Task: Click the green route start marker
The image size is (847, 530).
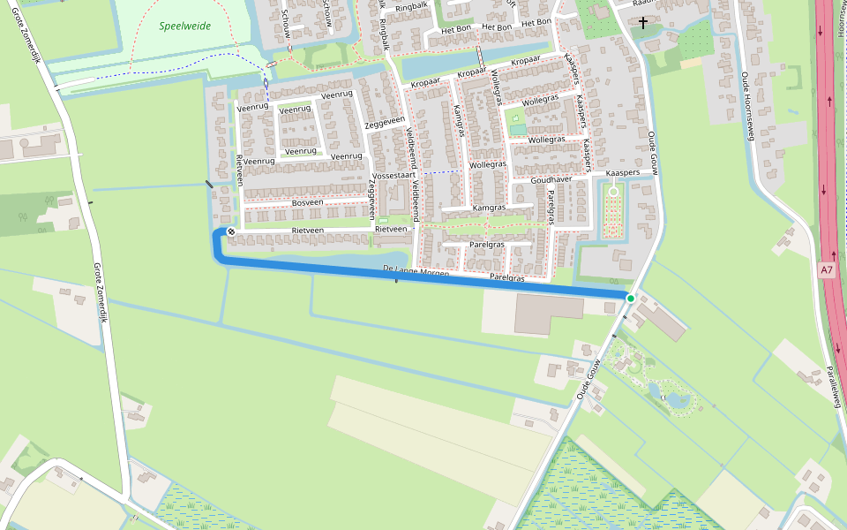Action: tap(631, 299)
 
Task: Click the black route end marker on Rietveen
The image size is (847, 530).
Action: tap(231, 231)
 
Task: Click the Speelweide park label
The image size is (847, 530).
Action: tap(185, 26)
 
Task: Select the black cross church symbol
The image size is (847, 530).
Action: tap(643, 22)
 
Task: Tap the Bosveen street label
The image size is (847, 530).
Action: tap(307, 202)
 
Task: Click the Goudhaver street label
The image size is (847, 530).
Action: tap(551, 179)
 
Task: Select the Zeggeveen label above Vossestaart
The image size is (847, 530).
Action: tap(385, 123)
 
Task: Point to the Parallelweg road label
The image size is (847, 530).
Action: tap(833, 379)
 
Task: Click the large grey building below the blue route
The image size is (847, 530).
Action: tap(549, 314)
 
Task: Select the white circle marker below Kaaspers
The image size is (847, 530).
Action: tap(613, 191)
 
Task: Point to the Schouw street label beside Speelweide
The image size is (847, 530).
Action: tap(284, 23)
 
